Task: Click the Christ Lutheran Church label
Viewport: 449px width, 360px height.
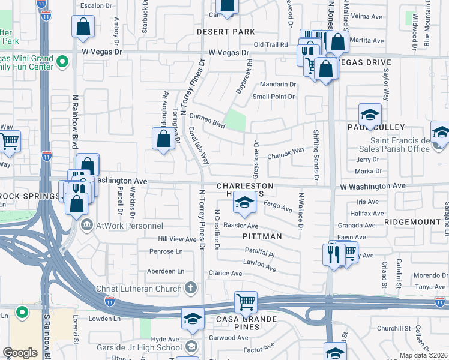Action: tap(139, 289)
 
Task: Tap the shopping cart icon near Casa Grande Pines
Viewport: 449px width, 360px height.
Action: tap(245, 302)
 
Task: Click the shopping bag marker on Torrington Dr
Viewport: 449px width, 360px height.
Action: tap(164, 139)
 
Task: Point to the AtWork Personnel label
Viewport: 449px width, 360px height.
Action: tap(128, 226)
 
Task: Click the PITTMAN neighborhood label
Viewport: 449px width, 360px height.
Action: tap(262, 236)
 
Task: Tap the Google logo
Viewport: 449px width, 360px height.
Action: tap(20, 352)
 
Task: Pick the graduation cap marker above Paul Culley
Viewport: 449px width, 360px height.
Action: tap(370, 115)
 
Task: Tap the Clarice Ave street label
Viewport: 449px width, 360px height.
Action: tap(225, 273)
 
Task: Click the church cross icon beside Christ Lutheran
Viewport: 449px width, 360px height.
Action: tap(191, 288)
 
